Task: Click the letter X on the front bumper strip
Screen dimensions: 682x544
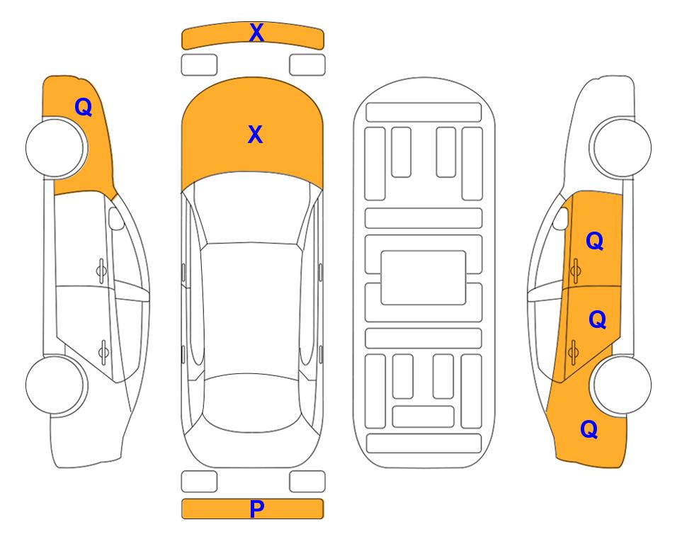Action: (256, 33)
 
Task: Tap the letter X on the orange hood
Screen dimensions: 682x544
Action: (256, 135)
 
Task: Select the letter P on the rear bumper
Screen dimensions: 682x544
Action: (256, 509)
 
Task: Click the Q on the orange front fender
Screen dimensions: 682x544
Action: (84, 107)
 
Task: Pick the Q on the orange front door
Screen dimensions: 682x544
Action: (595, 241)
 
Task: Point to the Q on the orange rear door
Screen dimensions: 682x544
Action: (597, 320)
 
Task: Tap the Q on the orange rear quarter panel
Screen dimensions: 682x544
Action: (589, 429)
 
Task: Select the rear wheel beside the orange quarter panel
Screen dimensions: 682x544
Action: (622, 385)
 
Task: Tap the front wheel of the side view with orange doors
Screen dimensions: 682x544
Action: (620, 148)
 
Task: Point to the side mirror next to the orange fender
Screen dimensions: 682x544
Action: (115, 218)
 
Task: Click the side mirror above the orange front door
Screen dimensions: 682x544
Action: (561, 218)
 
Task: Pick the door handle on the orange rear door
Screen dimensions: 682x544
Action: (573, 351)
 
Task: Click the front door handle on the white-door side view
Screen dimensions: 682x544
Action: (101, 271)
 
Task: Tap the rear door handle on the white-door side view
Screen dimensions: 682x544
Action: (103, 351)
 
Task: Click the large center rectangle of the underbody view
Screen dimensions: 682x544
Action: (424, 278)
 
